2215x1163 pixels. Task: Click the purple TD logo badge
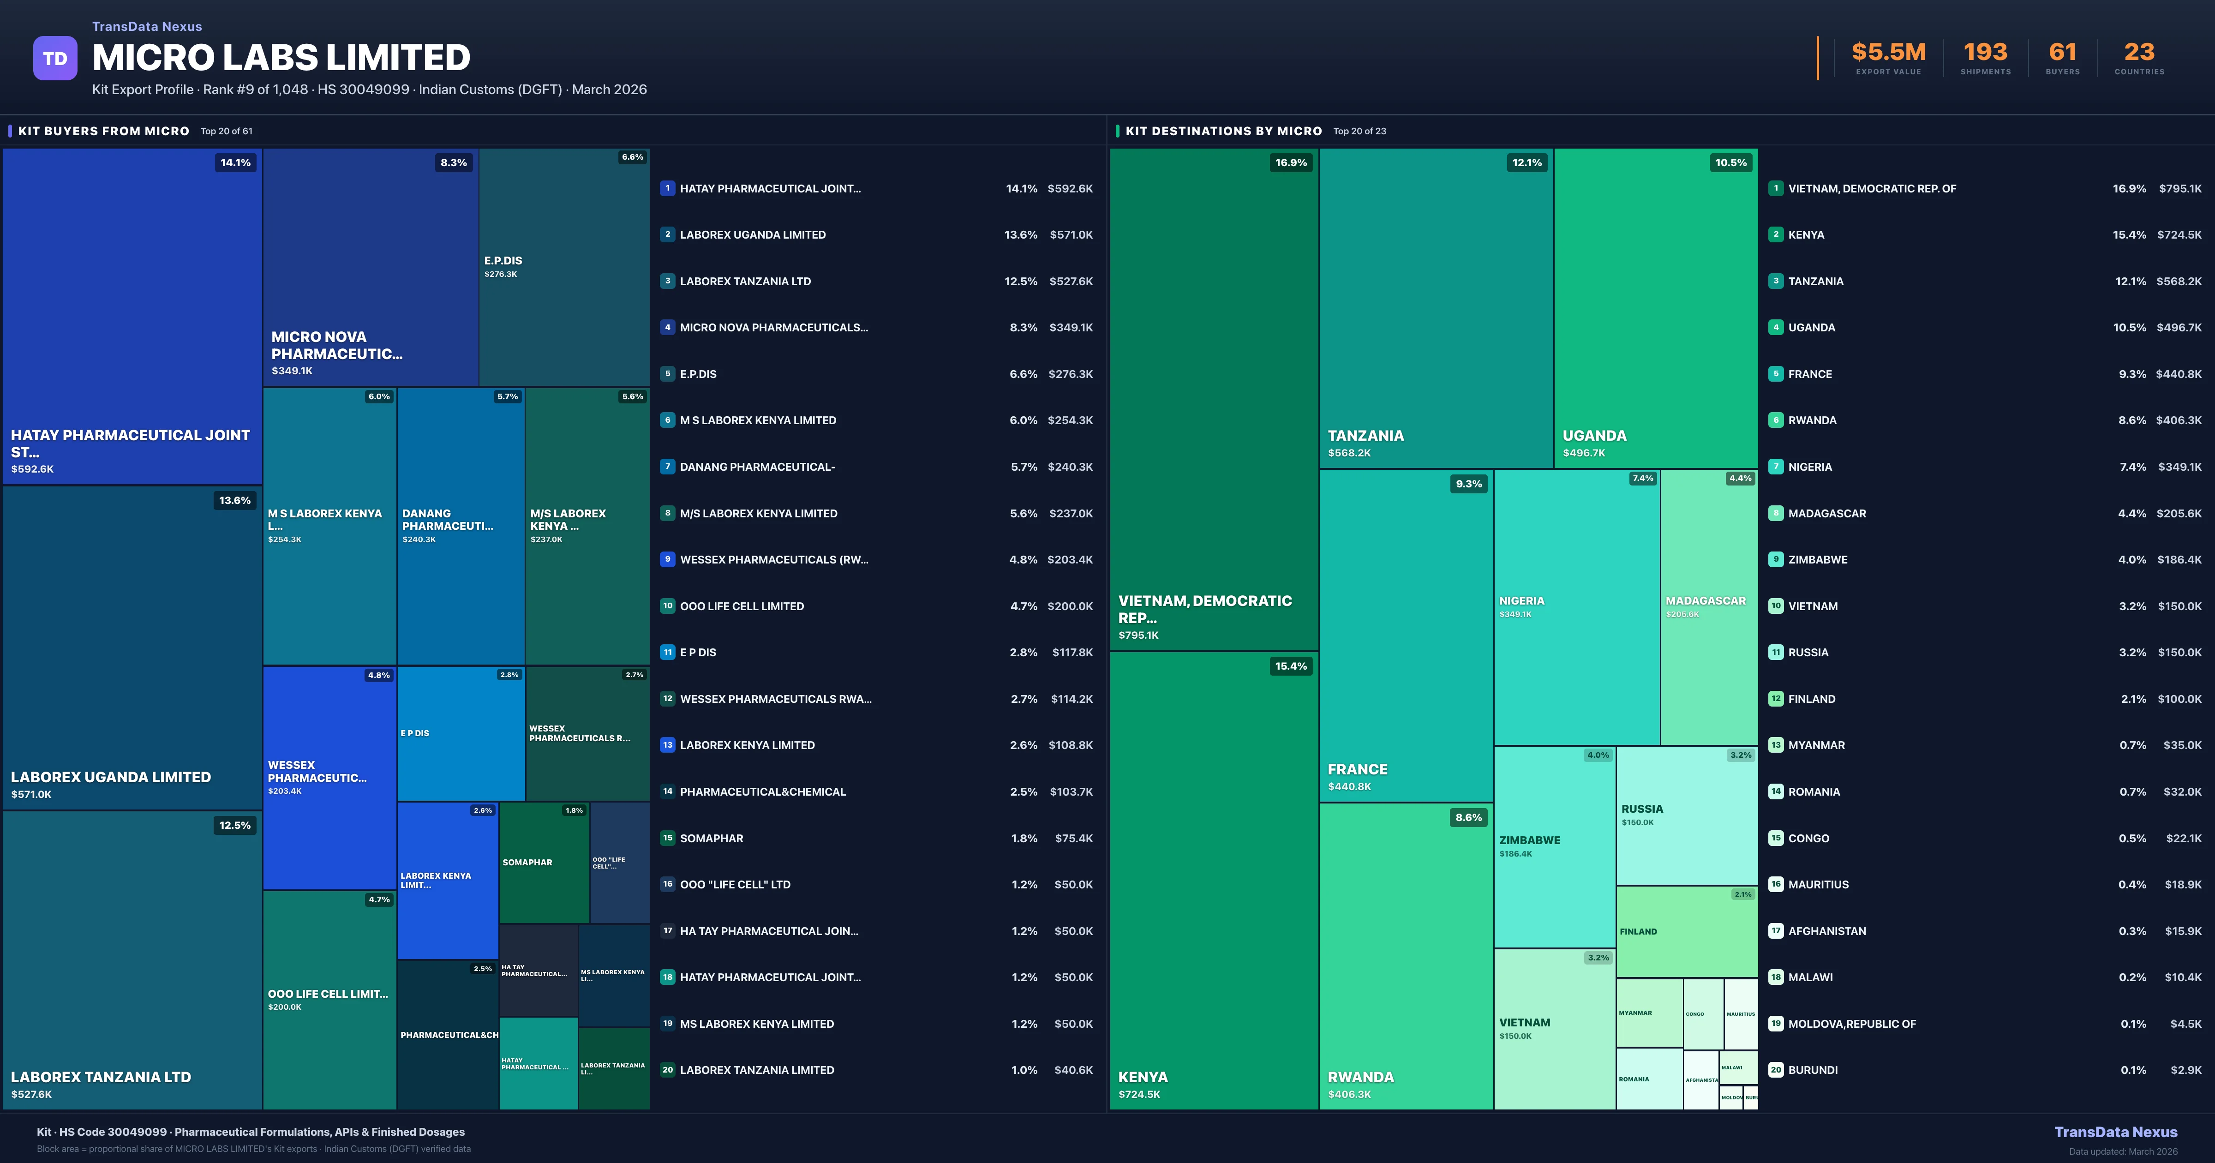point(55,59)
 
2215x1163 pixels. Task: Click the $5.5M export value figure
point(1888,53)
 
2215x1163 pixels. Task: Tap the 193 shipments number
point(1985,53)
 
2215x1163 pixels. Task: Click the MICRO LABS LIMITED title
point(281,58)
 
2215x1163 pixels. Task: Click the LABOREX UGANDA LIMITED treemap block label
point(110,777)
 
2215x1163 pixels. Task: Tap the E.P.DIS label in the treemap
point(503,261)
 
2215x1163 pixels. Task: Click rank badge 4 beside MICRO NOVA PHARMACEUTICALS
point(667,328)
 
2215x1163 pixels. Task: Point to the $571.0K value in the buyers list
point(1071,235)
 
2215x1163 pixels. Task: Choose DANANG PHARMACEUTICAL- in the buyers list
point(757,467)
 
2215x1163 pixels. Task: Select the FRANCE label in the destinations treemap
point(1357,769)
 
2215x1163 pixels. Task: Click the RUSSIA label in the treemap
point(1641,809)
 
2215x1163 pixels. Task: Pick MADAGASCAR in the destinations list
point(1826,514)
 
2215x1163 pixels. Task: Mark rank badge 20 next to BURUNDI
point(1776,1070)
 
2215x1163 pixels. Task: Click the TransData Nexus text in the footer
point(2115,1132)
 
